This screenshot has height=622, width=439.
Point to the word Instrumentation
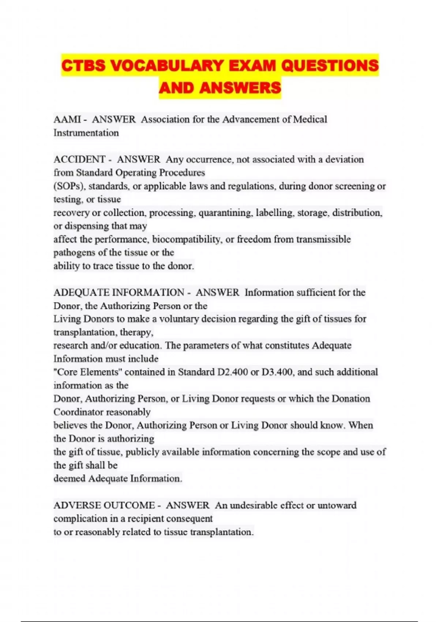[x=86, y=133]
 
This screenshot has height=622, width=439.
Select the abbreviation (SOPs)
[x=70, y=186]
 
